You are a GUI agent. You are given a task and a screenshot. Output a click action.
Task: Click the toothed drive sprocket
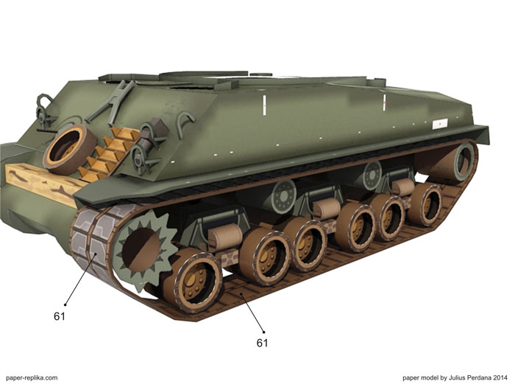pos(144,250)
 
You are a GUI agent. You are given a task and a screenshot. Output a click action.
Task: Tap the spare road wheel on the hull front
pos(70,150)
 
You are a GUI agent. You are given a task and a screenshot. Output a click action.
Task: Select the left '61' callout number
pos(60,316)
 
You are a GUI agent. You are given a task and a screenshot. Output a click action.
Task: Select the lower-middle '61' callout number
pos(262,343)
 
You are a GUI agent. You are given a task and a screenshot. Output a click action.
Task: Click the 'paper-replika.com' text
pos(32,377)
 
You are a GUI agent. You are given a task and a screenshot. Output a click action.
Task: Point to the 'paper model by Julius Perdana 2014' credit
pos(455,377)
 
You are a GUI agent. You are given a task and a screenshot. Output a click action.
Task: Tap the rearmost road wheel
pos(426,204)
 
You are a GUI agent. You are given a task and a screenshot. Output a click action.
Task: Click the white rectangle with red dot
pos(440,123)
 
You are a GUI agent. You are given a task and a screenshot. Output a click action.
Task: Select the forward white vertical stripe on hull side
pos(264,105)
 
